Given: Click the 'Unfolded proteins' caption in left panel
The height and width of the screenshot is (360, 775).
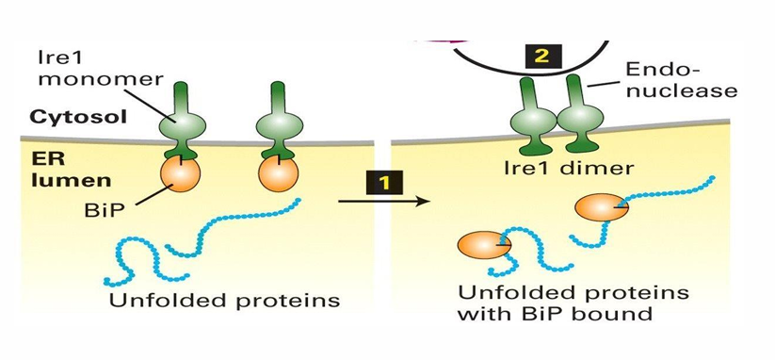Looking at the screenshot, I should click(x=223, y=302).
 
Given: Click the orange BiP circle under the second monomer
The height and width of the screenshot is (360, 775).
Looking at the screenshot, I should click(x=278, y=173).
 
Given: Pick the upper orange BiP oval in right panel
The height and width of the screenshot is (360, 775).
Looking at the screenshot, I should click(x=602, y=207).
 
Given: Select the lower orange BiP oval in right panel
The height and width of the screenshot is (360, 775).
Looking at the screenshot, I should click(x=484, y=246).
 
